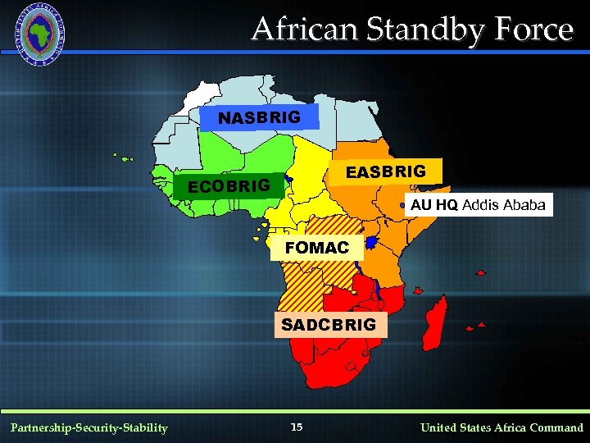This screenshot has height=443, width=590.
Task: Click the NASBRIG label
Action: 259,118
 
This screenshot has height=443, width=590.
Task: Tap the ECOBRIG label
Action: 229,186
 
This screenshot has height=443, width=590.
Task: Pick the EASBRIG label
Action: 386,171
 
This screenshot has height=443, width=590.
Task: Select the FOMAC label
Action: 316,247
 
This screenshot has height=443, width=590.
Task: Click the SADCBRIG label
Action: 329,324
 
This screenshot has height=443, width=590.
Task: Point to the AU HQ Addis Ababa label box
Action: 478,204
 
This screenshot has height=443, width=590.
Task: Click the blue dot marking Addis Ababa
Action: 402,205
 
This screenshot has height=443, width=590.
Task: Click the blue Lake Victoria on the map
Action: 372,243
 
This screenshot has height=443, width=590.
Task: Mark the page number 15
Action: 297,427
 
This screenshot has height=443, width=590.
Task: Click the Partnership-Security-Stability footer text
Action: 88,427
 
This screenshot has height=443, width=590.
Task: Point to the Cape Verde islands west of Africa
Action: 123,157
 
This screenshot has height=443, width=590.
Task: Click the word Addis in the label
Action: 479,204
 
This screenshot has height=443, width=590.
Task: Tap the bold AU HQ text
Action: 434,204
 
